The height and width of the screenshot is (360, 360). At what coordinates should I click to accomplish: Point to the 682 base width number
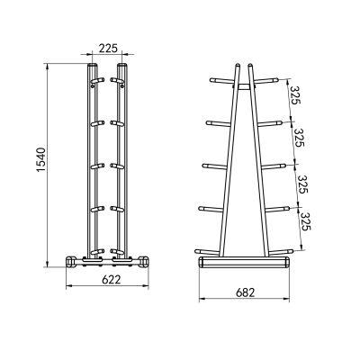245,292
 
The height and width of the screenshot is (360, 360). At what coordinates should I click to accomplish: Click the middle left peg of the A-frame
211,163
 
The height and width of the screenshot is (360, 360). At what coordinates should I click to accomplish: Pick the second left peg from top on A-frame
215,121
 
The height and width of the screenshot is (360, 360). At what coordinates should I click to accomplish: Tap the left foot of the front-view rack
71,262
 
